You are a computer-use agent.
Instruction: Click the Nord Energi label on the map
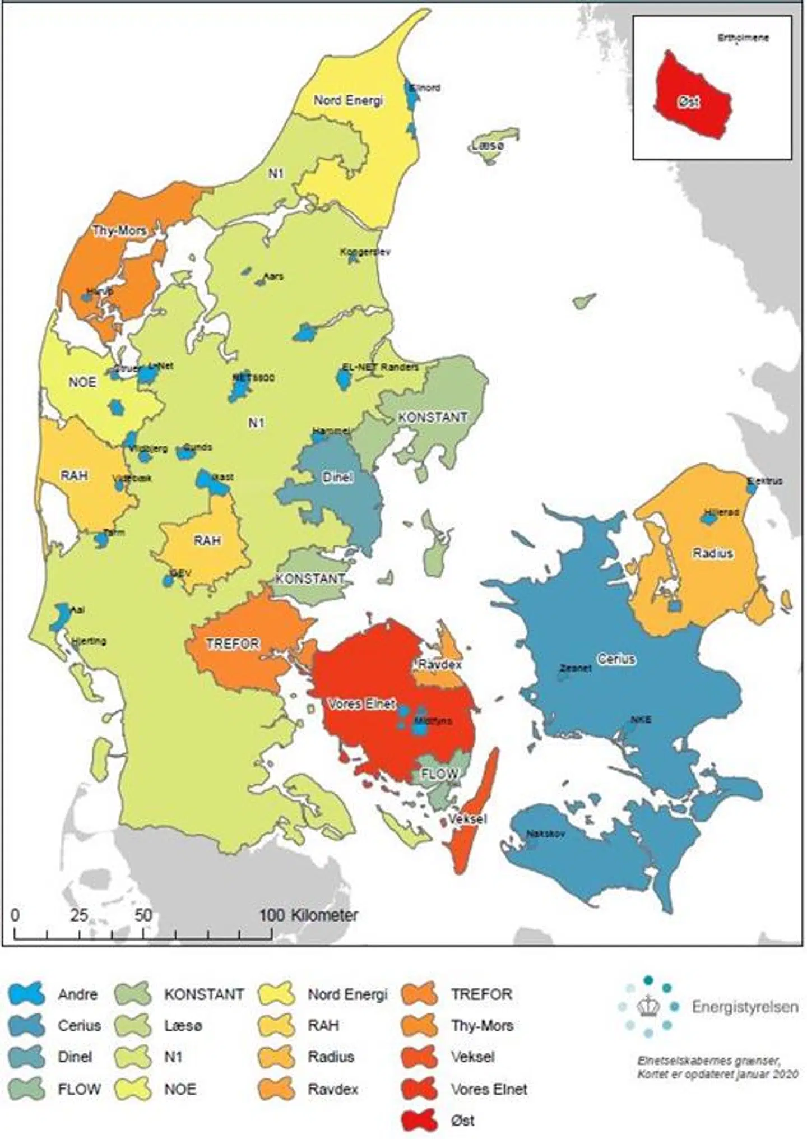pos(348,100)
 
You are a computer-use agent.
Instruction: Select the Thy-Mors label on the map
pos(119,230)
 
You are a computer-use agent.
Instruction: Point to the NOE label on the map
pos(82,382)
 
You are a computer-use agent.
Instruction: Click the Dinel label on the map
pos(337,477)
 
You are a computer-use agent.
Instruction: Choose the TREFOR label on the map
pos(232,643)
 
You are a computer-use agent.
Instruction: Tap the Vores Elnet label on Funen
pos(361,703)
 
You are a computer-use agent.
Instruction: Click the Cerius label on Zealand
pos(615,659)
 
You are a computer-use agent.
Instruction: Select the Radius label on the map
pos(712,553)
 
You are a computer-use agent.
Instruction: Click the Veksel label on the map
pos(467,819)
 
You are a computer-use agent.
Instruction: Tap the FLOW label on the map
pos(439,774)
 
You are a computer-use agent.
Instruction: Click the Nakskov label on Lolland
pos(545,834)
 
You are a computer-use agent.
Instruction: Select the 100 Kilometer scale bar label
pos(308,915)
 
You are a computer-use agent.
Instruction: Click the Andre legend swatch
pos(26,994)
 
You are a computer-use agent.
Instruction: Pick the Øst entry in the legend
pos(462,1121)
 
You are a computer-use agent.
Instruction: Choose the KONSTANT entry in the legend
pos(203,994)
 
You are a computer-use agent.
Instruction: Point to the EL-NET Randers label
pos(380,367)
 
